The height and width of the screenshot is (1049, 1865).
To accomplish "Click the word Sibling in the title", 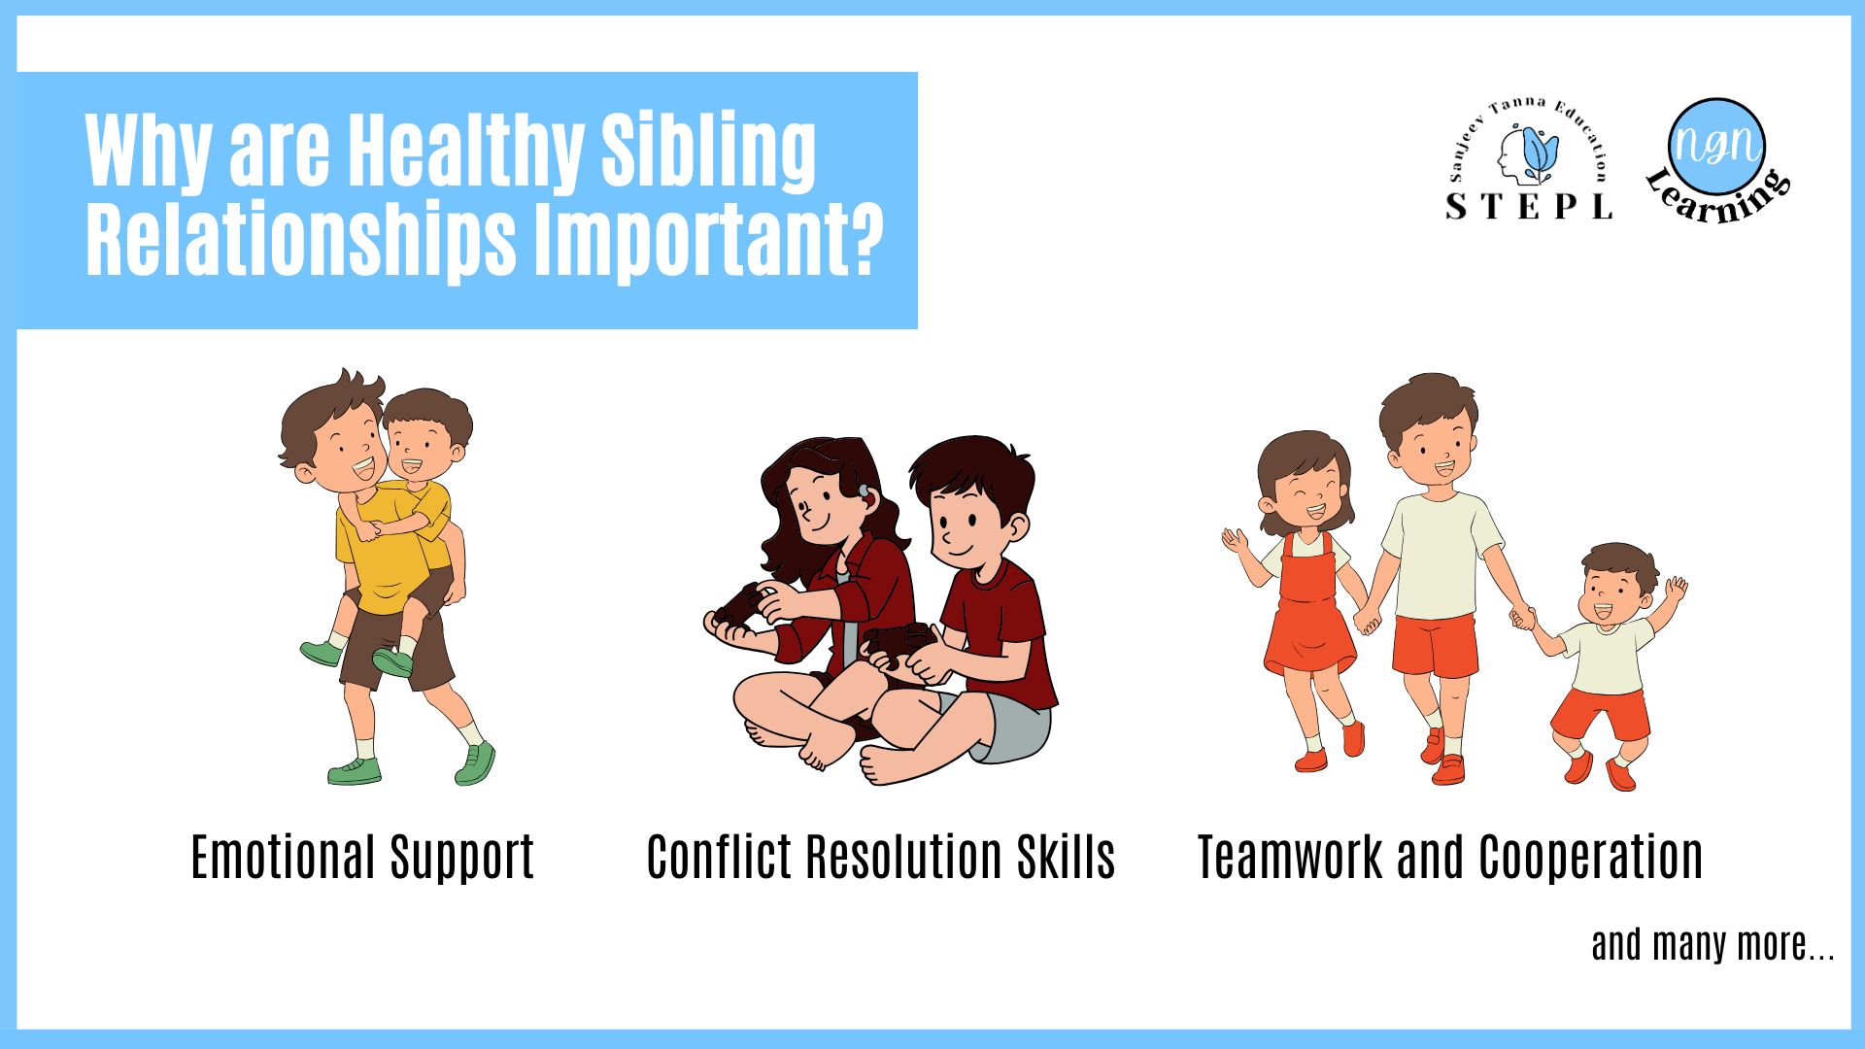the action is [x=708, y=152].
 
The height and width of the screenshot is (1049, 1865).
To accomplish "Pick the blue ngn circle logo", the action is [x=1717, y=146].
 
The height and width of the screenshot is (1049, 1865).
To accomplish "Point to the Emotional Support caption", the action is [x=362, y=858].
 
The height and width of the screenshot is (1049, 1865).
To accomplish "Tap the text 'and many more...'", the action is [x=1712, y=944].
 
